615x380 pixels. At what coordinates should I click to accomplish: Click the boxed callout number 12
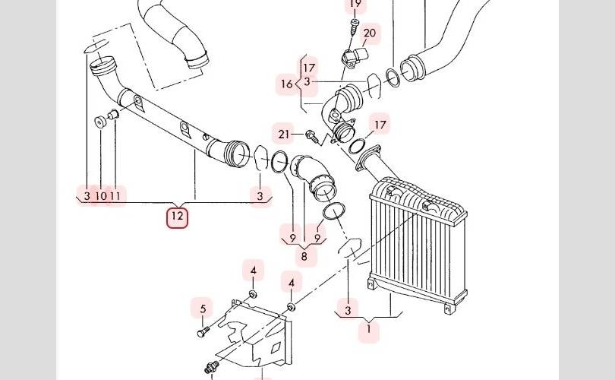(x=177, y=217)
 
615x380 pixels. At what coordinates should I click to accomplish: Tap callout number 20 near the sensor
(x=370, y=33)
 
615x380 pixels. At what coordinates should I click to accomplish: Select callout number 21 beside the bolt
(x=283, y=135)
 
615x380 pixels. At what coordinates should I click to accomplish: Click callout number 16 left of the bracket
(x=287, y=84)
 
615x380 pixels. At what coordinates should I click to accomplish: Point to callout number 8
(x=304, y=257)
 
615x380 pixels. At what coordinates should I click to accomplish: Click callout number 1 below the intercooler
(x=369, y=328)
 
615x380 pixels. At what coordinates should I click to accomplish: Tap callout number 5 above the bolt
(x=203, y=309)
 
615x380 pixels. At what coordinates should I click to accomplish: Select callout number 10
(x=101, y=195)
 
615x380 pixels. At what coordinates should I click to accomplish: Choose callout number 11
(x=115, y=195)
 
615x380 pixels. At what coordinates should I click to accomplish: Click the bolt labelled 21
(x=312, y=135)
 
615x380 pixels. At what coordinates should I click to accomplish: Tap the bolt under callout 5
(x=203, y=332)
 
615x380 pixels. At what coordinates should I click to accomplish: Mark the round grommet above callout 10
(x=100, y=122)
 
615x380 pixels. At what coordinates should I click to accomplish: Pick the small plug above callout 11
(x=113, y=115)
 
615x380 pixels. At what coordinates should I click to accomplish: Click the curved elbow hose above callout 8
(x=314, y=176)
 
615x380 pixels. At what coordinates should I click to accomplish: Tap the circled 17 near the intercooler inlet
(x=380, y=125)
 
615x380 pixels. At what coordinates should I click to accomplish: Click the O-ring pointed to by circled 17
(x=356, y=146)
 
